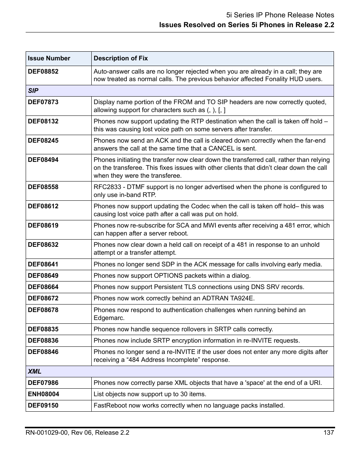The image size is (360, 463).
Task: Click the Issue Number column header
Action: [49, 58]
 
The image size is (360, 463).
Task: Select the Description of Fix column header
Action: [121, 58]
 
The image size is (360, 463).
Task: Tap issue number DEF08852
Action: [43, 72]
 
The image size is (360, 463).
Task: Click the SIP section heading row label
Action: [33, 91]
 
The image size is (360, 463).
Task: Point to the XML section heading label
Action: [34, 372]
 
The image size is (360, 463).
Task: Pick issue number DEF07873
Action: [43, 102]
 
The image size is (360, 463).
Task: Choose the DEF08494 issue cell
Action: [43, 160]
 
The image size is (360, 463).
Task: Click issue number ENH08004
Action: [43, 394]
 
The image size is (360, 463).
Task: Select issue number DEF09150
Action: [43, 406]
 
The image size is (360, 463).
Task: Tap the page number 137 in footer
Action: [329, 433]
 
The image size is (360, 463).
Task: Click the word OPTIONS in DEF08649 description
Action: [168, 276]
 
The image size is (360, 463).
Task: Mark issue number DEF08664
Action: [43, 287]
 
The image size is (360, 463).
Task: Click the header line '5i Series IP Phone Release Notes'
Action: [280, 15]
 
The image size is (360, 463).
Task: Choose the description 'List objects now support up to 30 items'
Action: [150, 394]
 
